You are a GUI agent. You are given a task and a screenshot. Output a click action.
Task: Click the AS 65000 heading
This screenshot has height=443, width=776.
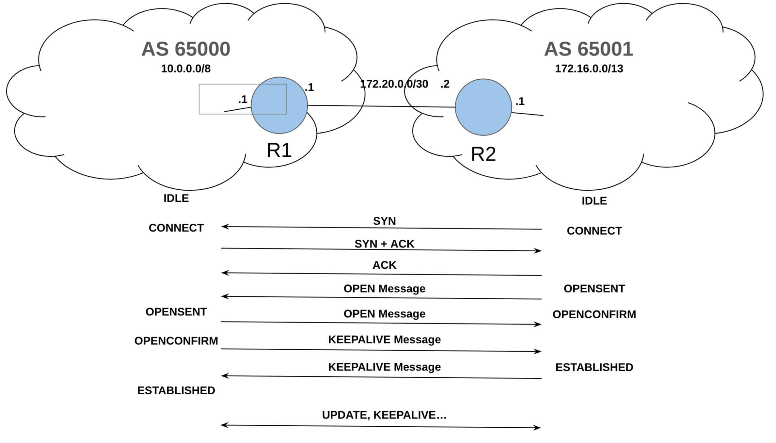186,49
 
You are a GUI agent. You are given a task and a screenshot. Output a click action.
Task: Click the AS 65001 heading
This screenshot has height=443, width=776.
589,49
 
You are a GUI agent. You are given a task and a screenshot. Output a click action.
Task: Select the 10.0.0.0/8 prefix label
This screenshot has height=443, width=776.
186,69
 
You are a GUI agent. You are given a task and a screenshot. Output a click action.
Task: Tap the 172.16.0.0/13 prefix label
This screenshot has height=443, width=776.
589,69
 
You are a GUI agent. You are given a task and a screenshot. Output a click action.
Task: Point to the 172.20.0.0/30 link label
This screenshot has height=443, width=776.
394,84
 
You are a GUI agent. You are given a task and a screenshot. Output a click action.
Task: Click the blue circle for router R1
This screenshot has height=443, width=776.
279,105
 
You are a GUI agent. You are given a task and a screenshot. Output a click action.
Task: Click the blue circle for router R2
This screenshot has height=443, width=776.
483,107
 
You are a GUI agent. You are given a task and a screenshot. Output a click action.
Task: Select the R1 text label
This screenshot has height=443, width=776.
279,150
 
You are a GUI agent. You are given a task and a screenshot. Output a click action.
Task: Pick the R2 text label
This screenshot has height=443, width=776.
483,154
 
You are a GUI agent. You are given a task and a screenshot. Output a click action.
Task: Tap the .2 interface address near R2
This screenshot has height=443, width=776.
445,84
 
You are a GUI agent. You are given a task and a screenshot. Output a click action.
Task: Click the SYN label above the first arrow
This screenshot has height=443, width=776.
384,221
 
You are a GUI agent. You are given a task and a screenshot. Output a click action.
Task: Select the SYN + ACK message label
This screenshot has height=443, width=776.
384,244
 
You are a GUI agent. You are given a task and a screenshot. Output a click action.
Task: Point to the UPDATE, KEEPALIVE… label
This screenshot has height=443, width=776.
384,415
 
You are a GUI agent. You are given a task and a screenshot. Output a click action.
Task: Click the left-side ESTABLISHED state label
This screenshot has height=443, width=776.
176,390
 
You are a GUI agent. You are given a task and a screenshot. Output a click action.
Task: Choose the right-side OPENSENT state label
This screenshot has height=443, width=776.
594,289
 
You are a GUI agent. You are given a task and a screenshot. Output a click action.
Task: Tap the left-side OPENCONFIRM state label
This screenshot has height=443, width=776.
176,341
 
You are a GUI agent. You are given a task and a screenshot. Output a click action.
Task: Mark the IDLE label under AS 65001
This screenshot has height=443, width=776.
594,201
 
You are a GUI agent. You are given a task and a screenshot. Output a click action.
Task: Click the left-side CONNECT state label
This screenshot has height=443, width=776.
176,228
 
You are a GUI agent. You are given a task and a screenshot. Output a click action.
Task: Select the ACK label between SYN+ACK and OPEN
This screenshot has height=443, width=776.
384,265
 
